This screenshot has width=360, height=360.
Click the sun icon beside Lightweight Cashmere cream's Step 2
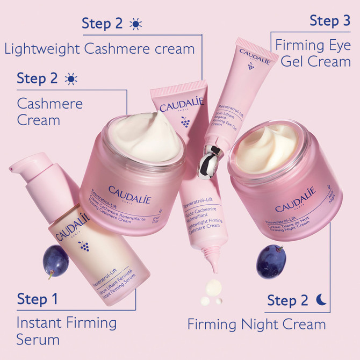point(135,24)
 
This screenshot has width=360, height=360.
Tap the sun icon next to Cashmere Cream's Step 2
point(70,79)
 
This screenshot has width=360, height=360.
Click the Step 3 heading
point(330,21)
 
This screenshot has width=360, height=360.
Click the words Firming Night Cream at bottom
point(256,325)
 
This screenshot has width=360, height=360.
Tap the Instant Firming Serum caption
point(66,331)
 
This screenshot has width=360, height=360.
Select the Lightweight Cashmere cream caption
point(99,49)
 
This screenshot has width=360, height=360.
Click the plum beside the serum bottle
point(55,260)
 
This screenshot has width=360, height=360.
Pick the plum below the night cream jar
point(271,261)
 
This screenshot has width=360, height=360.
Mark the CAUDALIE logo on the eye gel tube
point(255,53)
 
